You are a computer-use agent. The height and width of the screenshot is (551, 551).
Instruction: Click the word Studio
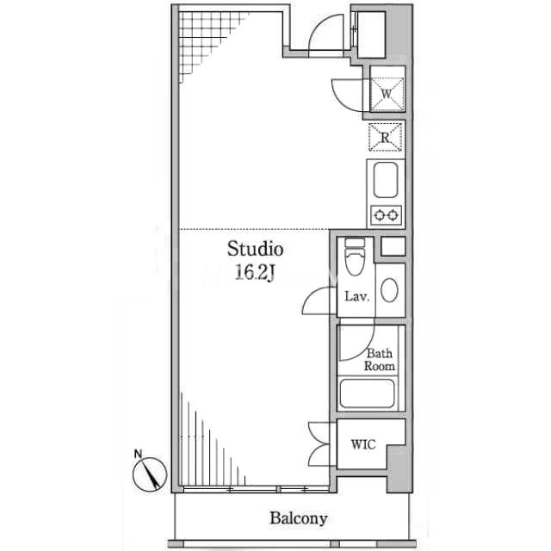255,249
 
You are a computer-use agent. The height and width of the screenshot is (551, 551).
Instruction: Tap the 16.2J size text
255,272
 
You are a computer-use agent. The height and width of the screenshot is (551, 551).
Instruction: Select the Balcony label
299,518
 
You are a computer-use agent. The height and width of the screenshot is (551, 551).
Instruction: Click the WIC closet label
363,444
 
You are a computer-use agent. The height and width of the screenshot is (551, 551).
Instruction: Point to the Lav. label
357,296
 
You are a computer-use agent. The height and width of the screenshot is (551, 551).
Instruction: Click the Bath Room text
380,360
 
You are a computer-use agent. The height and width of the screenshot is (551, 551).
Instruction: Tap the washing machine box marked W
387,94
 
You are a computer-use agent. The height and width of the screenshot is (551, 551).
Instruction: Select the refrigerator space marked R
385,137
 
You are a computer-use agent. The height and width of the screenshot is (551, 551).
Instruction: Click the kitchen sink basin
386,180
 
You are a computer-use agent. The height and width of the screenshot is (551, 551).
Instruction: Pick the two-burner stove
386,214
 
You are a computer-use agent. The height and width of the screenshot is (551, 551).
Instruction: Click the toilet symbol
355,257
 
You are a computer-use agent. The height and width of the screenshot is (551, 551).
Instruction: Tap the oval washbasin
389,290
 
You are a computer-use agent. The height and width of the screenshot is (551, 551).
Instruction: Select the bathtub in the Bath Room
367,393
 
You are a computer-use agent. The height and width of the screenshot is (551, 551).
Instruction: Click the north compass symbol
149,474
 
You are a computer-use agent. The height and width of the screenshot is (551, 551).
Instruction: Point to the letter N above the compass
138,454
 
